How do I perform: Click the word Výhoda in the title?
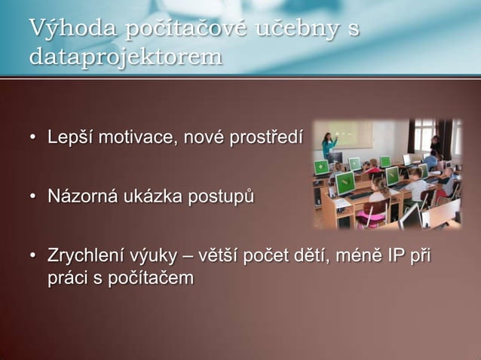click(x=60, y=29)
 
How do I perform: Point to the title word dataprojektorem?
click(x=125, y=56)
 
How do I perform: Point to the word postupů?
click(x=219, y=198)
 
